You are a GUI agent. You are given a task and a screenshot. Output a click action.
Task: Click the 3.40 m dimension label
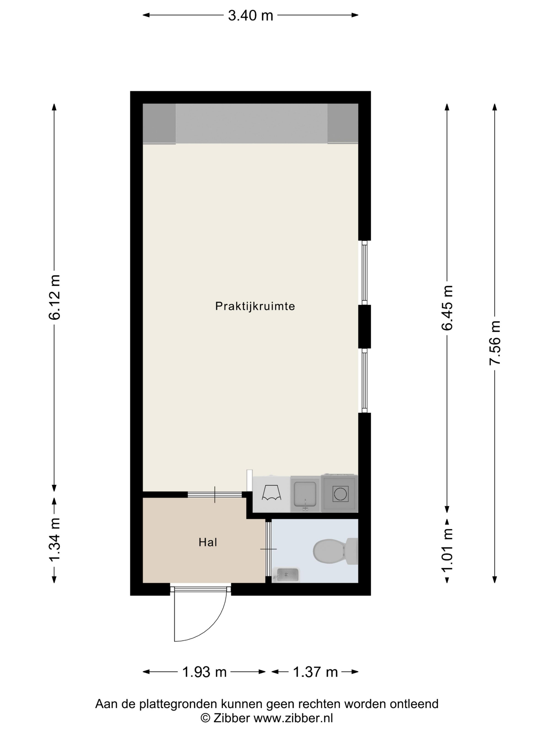pos(250,15)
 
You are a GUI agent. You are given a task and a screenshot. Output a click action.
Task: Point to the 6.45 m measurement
pos(447,308)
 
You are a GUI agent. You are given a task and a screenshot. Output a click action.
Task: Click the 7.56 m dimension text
pos(495,343)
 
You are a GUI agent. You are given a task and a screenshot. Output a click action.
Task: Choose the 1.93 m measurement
pos(204,672)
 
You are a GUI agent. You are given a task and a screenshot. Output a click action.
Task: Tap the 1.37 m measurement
pos(315,672)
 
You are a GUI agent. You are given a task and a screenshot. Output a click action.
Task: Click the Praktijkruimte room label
pos(255,306)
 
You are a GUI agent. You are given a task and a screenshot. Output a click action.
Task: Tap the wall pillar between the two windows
pos(364,327)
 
